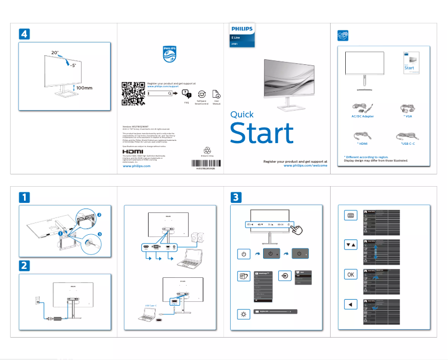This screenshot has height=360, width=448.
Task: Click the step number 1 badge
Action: [x=25, y=197]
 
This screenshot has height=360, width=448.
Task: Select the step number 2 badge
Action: [x=25, y=264]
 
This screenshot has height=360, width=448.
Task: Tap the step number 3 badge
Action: [x=237, y=197]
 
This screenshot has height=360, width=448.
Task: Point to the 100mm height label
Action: [x=84, y=88]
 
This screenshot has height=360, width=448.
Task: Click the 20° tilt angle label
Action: [x=55, y=53]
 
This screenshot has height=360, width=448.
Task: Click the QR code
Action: [x=133, y=93]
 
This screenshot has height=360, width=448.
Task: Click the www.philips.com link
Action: [x=136, y=166]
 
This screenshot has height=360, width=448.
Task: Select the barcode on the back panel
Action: [x=206, y=164]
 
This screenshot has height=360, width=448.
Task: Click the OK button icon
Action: [x=350, y=274]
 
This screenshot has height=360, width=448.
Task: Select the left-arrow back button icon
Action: [x=350, y=305]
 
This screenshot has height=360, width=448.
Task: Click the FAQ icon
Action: [x=187, y=94]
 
